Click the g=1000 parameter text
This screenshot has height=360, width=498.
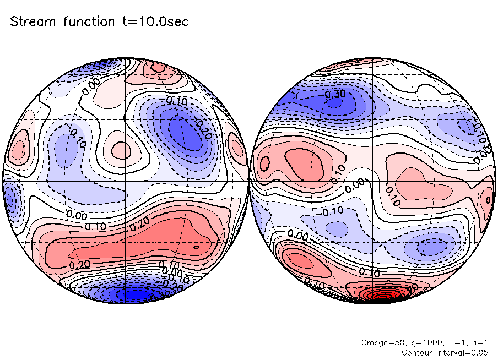[420, 342]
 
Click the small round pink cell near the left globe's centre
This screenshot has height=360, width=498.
[121, 150]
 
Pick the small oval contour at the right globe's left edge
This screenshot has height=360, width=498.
[265, 163]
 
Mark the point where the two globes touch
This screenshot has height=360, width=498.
[248, 180]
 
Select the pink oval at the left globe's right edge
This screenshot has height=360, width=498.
[237, 148]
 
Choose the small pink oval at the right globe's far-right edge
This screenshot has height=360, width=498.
[487, 199]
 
